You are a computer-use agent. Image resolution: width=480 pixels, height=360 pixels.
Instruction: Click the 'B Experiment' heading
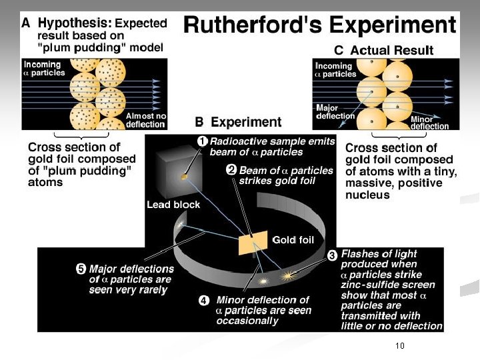(x=238, y=122)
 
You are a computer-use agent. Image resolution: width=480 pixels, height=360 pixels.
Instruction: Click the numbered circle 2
(x=230, y=170)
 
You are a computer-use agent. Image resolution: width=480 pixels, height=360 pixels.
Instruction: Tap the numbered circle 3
(x=332, y=255)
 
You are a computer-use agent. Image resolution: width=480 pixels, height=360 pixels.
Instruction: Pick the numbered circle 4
(x=204, y=300)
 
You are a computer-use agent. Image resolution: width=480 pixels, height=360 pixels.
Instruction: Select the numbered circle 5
(x=80, y=269)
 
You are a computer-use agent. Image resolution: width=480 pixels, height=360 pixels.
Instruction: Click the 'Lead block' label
(x=173, y=204)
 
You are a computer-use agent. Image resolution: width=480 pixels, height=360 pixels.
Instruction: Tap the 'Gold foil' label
(x=293, y=239)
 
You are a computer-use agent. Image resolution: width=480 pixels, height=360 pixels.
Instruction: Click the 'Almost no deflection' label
(x=146, y=120)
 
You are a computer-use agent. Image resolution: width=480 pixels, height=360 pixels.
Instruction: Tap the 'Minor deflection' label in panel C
(x=429, y=123)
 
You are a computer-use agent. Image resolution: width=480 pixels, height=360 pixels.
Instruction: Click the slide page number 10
(x=400, y=345)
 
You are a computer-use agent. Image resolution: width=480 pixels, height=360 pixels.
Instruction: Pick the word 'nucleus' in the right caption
(x=367, y=195)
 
